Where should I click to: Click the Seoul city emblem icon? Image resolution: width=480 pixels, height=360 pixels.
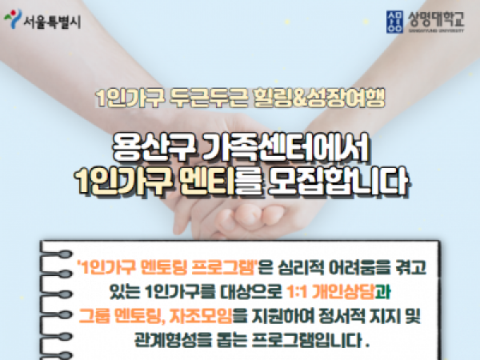pos(13,18)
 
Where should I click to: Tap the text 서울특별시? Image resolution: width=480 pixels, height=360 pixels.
pos(52,22)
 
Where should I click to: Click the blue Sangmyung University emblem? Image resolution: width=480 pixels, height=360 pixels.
pos(394,22)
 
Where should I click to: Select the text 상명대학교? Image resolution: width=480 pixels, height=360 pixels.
pos(436,19)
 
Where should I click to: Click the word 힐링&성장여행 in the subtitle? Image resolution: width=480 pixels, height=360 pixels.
pos(319,98)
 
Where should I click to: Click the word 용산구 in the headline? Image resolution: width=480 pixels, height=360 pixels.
pos(154,147)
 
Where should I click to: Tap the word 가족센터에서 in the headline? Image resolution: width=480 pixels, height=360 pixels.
pos(286,147)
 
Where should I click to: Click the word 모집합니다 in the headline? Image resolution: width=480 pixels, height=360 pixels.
pos(339,182)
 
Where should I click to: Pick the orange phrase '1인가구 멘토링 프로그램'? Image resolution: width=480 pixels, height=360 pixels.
pos(167,267)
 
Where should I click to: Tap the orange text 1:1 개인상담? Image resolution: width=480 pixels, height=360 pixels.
pos(331,292)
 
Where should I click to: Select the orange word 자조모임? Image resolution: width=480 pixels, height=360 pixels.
pos(201,316)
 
